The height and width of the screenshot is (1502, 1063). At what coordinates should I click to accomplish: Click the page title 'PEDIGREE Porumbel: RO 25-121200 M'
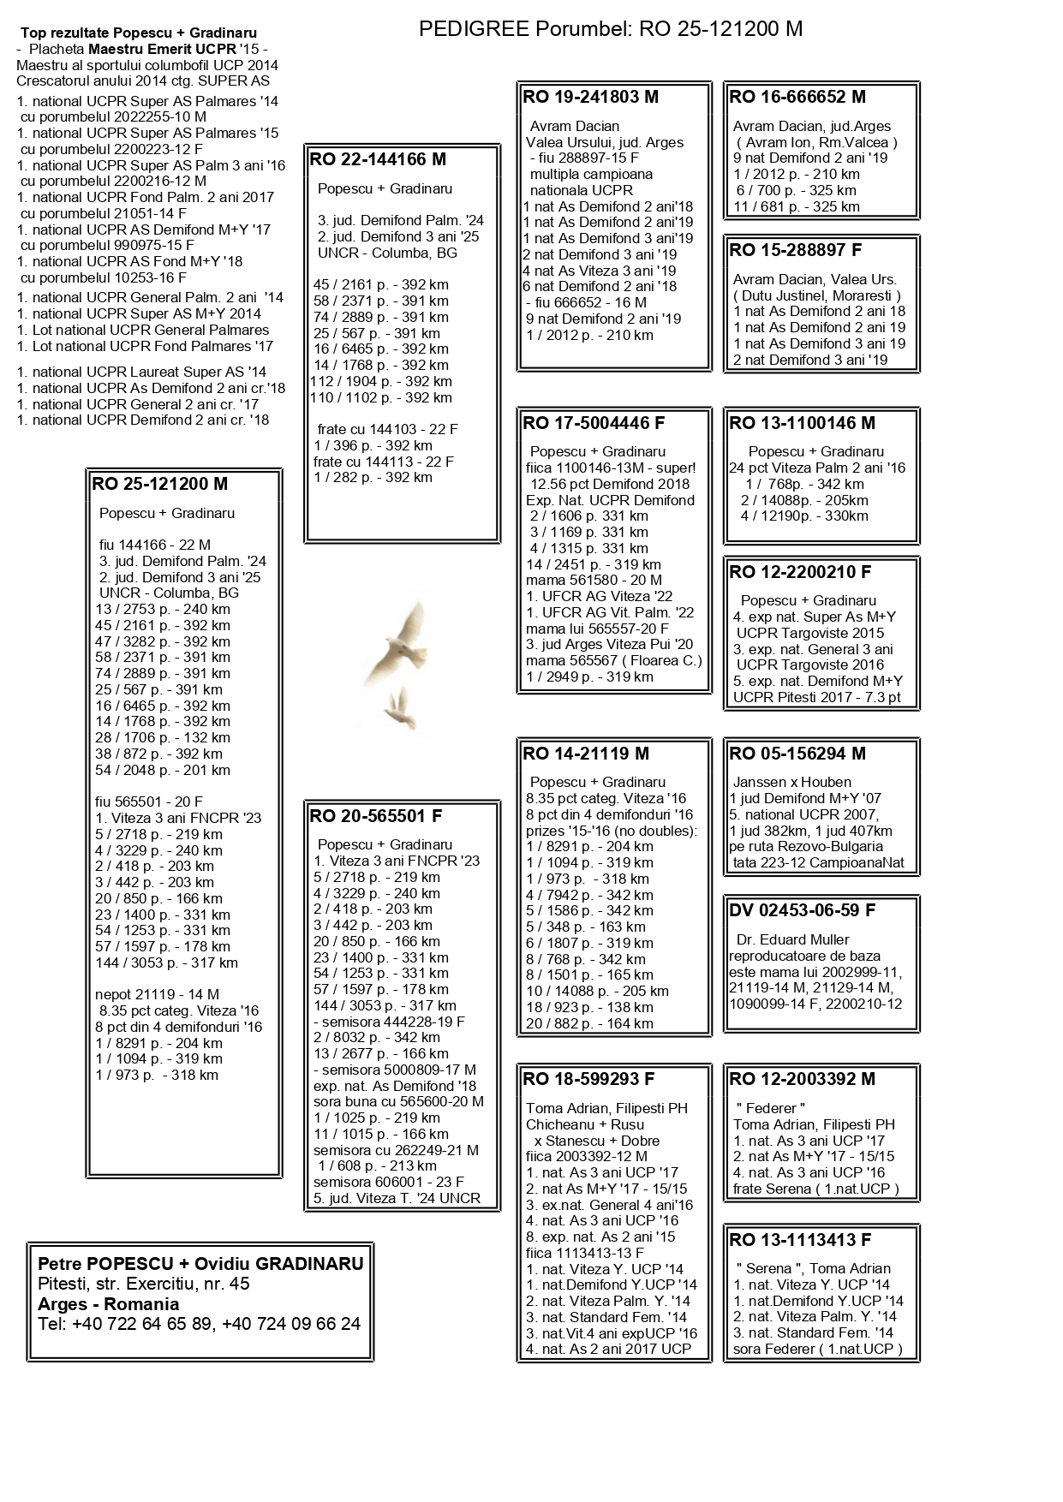click(610, 29)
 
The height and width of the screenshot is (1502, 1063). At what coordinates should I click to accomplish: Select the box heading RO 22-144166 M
click(378, 159)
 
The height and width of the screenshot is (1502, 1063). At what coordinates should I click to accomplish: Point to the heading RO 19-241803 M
click(591, 97)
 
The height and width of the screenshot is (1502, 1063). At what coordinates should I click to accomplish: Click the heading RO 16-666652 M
click(797, 97)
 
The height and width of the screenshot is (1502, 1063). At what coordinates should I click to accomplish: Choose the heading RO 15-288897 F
click(796, 250)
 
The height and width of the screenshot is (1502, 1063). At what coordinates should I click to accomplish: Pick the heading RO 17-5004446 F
click(594, 423)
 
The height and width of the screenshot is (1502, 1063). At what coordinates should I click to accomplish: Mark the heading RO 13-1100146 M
click(803, 423)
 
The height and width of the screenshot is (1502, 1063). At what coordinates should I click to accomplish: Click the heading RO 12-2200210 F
click(800, 572)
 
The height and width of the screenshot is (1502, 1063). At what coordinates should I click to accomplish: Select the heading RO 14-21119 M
click(586, 754)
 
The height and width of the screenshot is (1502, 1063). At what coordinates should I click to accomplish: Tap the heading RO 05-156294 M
click(797, 754)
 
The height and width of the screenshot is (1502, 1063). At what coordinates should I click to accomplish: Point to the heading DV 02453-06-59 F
click(803, 910)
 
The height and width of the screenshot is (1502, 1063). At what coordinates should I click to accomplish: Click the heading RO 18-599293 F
click(588, 1079)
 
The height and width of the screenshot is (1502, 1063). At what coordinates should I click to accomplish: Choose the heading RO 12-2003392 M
click(803, 1079)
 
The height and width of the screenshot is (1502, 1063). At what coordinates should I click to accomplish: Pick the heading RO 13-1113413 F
click(800, 1239)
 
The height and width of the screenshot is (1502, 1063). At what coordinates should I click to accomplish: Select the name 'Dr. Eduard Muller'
click(793, 939)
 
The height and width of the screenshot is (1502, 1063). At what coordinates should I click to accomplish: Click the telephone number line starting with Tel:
click(199, 1324)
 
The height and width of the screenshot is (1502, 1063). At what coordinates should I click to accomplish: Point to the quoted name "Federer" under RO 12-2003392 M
click(771, 1108)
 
